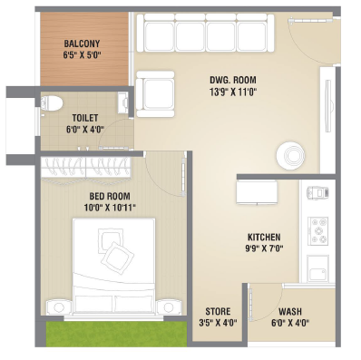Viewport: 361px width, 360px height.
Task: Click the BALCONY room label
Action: [x=82, y=44]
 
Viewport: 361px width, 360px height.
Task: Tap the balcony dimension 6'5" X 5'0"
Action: [x=82, y=55]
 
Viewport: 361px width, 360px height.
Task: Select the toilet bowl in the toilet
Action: [x=52, y=102]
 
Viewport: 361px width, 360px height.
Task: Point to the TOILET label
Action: [x=85, y=118]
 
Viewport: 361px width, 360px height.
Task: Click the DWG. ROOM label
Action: [x=233, y=80]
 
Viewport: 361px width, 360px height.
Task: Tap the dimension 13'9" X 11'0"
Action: [x=233, y=92]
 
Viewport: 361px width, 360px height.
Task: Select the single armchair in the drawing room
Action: [x=155, y=94]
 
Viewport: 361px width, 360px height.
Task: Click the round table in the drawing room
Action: [x=290, y=155]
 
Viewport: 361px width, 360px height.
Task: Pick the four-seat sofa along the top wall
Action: [x=205, y=33]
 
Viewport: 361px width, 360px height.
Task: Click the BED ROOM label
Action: [x=110, y=197]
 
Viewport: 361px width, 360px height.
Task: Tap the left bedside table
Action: [x=58, y=307]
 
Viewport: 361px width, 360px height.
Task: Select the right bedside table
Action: [x=169, y=307]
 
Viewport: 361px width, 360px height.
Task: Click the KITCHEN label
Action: [x=264, y=237]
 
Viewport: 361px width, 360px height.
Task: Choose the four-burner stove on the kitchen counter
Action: [x=318, y=230]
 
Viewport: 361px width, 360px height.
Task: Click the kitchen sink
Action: [x=317, y=268]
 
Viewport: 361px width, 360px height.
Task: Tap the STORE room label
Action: [x=218, y=311]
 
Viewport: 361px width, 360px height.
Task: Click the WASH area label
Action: [x=290, y=311]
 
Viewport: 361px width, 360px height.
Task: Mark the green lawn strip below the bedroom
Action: [x=116, y=334]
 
